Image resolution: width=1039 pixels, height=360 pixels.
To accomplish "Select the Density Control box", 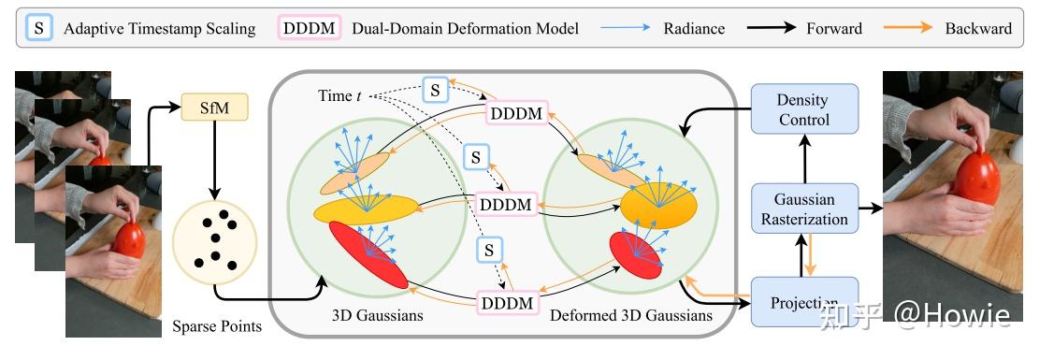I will tap(803, 109).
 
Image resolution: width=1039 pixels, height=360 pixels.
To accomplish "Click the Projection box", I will tap(803, 302).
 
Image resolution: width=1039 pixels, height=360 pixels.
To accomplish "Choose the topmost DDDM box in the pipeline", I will tap(517, 113).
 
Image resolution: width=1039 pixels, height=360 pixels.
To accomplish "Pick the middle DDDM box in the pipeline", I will tap(506, 204).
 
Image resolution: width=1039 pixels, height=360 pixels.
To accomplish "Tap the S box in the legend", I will tap(38, 28).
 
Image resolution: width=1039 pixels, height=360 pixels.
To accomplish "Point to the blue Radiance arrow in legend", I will tap(636, 28).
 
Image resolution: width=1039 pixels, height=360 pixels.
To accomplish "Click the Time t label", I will tap(335, 96).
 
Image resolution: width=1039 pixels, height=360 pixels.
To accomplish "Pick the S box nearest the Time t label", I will tap(435, 90).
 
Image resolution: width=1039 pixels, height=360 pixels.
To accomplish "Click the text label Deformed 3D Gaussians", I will tap(630, 316).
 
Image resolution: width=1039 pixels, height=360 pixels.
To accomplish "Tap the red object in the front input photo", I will tap(128, 239).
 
